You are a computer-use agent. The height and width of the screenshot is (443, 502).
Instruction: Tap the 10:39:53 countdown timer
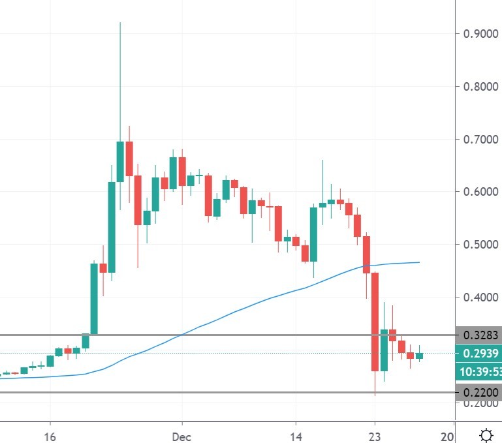tap(478, 371)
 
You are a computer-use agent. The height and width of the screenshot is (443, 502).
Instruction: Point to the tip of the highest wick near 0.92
tap(120, 23)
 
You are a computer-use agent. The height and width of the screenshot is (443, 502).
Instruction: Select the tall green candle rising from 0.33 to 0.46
tap(94, 298)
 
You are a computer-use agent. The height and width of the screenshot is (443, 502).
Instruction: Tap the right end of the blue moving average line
tap(418, 262)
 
